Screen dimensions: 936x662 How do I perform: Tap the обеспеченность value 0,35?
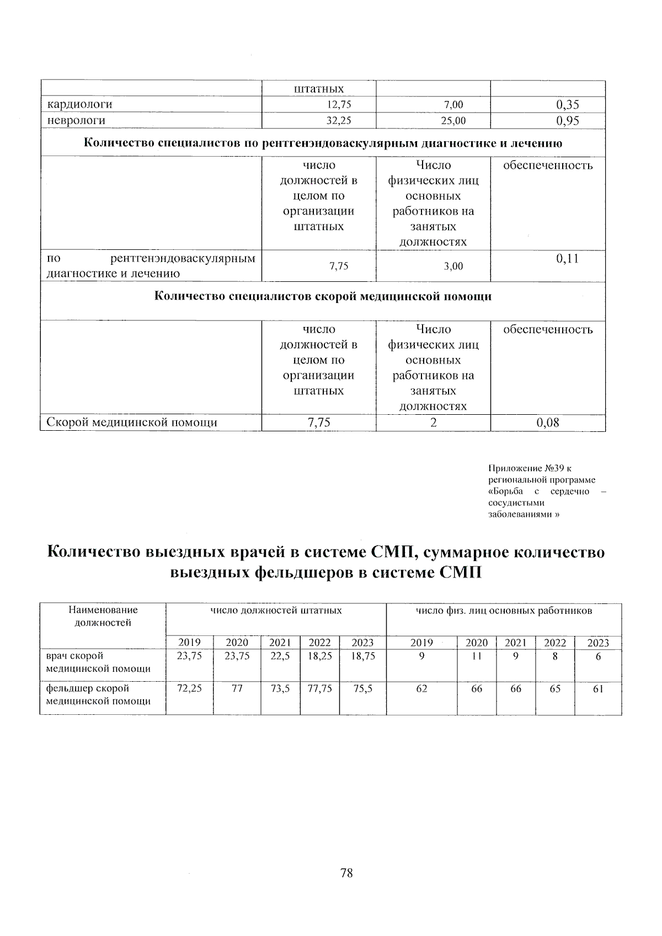(x=568, y=105)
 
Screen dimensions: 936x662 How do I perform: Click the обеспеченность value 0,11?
(x=568, y=258)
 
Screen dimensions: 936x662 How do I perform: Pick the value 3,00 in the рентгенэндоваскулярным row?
(x=453, y=266)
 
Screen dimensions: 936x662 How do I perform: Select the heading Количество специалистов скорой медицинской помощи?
(x=323, y=297)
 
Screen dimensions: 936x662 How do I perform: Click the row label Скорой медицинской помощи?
(x=131, y=422)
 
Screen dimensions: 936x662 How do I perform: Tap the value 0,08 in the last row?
(x=548, y=423)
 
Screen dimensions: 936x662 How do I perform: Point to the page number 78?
(x=346, y=873)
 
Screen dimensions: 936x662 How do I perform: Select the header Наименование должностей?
(x=103, y=617)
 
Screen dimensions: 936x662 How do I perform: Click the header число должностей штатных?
(x=276, y=611)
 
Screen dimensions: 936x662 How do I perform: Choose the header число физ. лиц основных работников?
(x=504, y=611)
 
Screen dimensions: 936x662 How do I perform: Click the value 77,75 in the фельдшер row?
(x=319, y=688)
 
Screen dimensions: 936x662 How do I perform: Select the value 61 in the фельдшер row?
(x=598, y=688)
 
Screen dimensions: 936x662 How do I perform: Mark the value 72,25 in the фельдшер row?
(x=189, y=688)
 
